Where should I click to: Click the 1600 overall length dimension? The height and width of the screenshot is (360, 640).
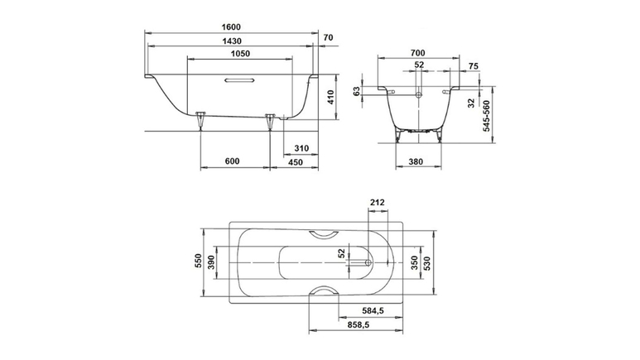232,27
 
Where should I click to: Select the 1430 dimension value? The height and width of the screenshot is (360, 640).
232,41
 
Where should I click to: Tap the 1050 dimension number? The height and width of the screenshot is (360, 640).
240,54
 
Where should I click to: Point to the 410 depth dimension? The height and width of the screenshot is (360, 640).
330,97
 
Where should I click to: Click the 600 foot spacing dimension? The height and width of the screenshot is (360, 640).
232,161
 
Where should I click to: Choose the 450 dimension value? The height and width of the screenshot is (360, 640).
296,162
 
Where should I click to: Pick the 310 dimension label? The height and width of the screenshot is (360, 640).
301,148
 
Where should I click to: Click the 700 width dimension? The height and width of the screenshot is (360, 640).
417,53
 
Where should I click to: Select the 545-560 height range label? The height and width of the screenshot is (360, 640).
487,116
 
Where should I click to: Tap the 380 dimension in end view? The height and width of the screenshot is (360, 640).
416,161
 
